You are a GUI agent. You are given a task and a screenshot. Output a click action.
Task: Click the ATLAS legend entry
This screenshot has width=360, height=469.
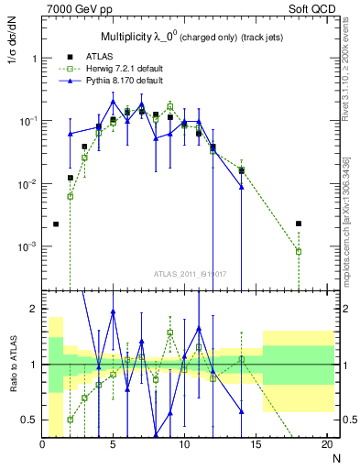tap(96, 58)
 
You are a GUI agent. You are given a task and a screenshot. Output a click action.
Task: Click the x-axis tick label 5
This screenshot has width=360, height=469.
tap(113, 445)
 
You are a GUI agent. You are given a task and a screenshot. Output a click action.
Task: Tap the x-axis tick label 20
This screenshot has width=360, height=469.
tap(327, 445)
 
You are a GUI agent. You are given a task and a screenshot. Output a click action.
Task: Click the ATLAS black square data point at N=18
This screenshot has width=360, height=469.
tap(299, 224)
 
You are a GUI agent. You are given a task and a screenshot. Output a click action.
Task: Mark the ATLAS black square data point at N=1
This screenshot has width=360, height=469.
tap(56, 224)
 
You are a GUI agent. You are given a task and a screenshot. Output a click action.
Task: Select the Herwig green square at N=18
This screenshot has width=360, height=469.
tap(299, 251)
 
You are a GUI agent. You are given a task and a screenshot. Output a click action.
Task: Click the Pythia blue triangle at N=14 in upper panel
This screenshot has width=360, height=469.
tap(242, 187)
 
